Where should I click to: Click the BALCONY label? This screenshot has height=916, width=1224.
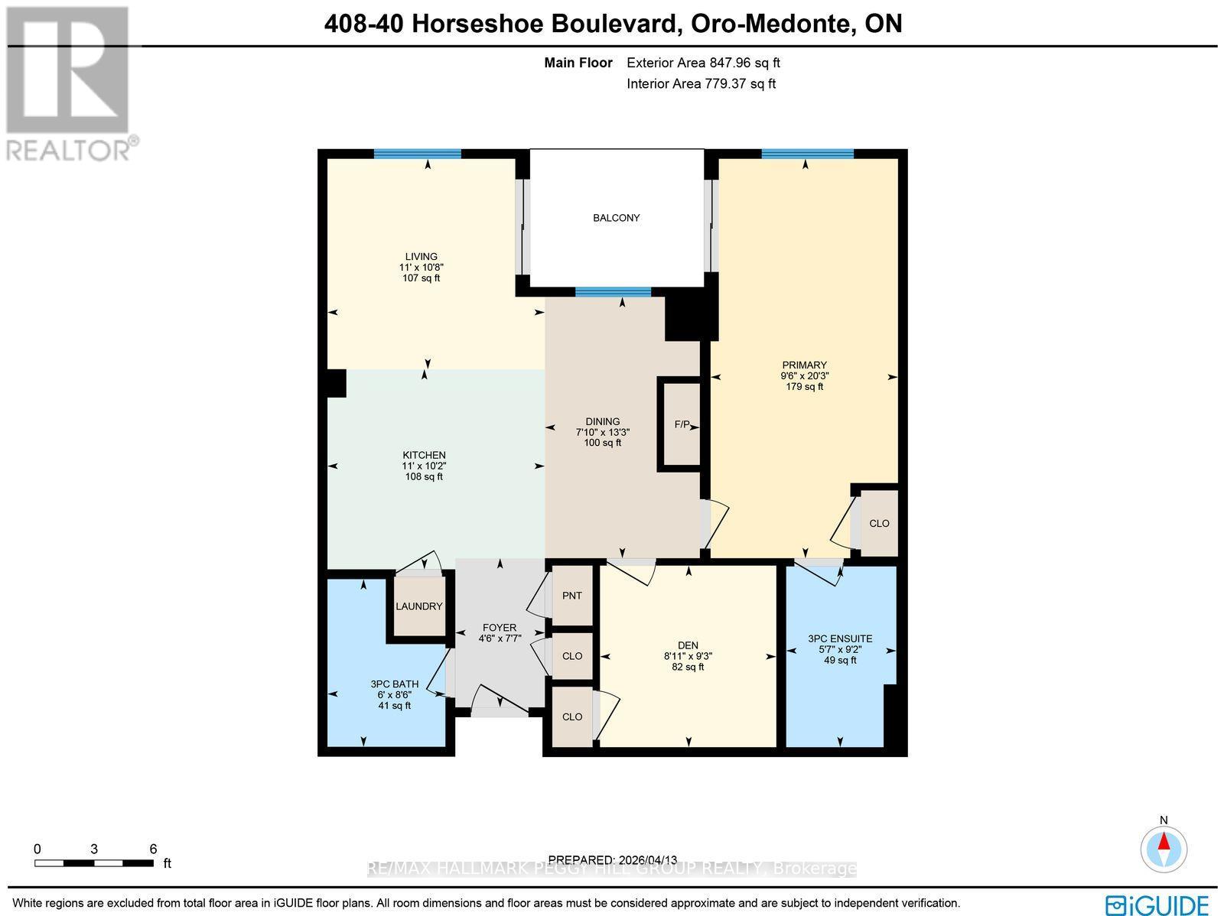coord(616,218)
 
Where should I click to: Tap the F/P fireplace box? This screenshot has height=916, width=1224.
coord(681,424)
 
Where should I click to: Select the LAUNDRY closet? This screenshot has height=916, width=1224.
coord(418,606)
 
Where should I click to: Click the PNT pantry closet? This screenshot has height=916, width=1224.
coord(572,596)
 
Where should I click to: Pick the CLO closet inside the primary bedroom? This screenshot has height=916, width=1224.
coord(879,524)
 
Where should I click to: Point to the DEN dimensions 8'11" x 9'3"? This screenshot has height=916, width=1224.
coord(688,656)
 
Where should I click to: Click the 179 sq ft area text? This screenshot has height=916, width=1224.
coord(804,387)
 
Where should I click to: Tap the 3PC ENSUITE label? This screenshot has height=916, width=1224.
coord(840,638)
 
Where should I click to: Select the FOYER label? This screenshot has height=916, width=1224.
coord(500,628)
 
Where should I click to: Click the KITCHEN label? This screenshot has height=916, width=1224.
coord(424,455)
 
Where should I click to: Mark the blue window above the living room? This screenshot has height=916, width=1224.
coord(417,154)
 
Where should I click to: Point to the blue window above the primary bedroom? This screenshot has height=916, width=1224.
coord(807,154)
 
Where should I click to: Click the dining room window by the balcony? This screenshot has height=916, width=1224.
coord(613,291)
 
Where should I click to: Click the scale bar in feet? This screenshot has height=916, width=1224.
coord(93,863)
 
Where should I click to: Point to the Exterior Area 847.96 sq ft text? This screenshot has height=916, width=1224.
coord(703,63)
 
